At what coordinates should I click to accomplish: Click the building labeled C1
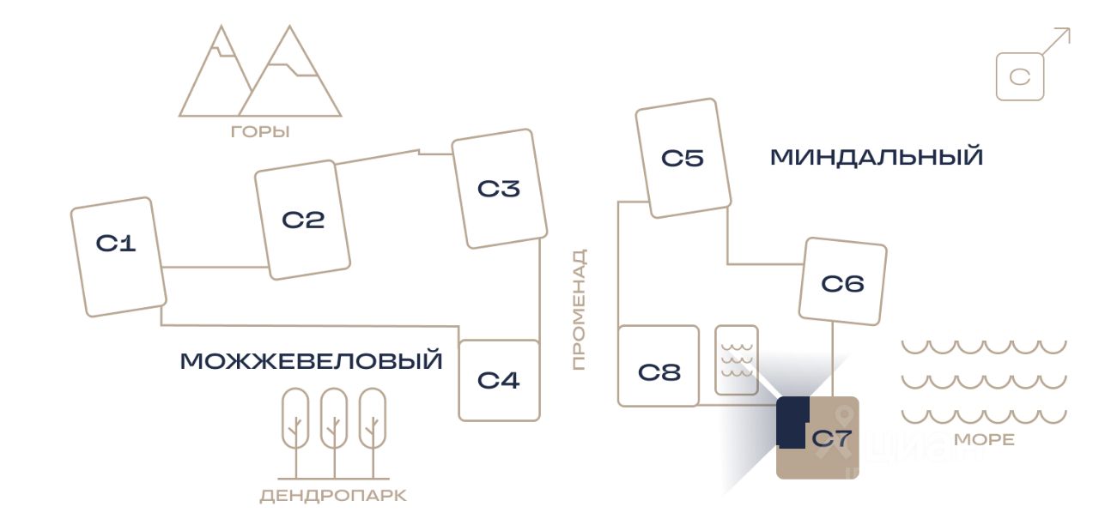point(118,256)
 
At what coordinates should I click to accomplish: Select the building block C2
point(302,220)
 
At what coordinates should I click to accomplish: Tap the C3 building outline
point(500,189)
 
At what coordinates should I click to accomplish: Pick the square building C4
point(499,380)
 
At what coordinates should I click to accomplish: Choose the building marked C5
point(683,158)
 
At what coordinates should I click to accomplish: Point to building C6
point(842,283)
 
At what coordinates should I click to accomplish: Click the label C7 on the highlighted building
point(831,439)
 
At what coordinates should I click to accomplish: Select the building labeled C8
point(659,372)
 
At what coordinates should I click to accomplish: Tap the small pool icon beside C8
point(737,360)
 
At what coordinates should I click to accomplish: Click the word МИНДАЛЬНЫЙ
point(876,158)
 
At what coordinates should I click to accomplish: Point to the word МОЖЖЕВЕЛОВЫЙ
point(311,361)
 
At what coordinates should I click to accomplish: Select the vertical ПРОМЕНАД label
point(580,310)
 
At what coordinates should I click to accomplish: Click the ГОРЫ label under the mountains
point(260,132)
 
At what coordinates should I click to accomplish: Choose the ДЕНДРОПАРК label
point(333,496)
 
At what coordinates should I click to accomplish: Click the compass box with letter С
point(1020,77)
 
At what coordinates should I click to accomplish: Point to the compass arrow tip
point(1069,30)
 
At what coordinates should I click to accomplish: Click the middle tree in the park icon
point(334,420)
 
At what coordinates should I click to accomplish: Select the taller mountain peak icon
point(289,73)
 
